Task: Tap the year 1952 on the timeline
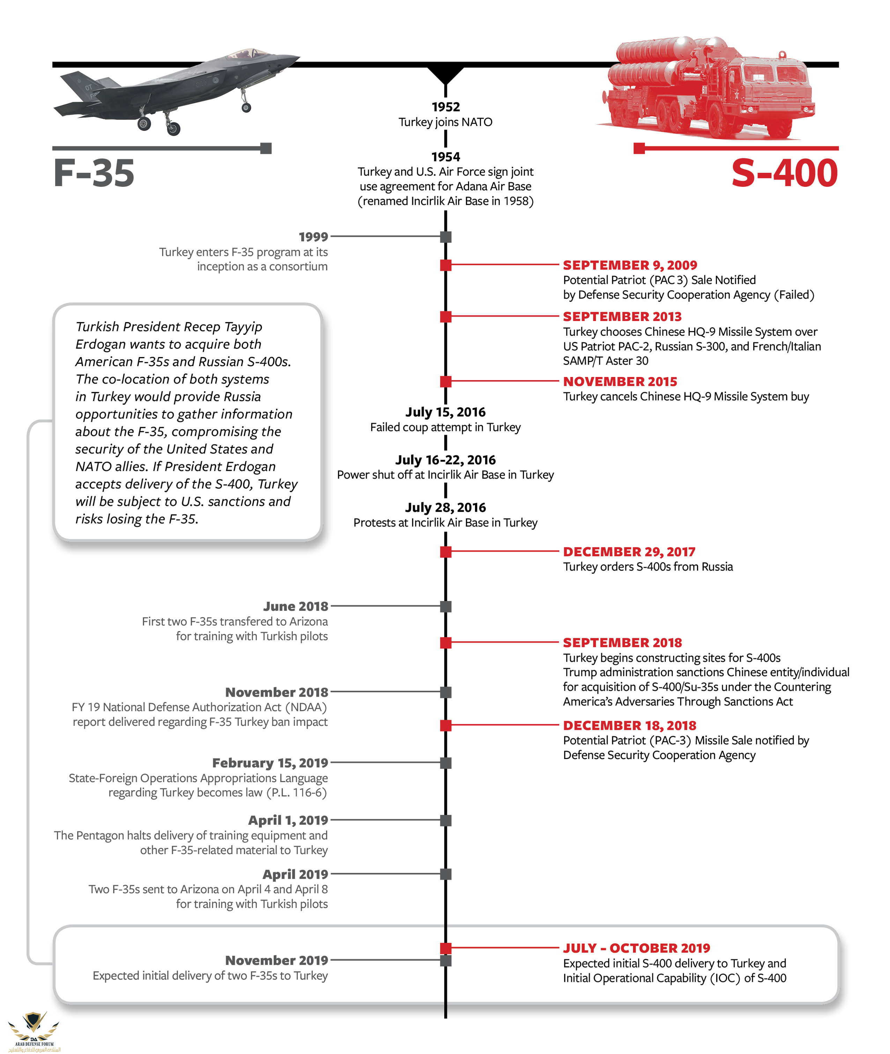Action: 445,107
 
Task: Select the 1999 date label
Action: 313,237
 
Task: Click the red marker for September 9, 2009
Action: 445,265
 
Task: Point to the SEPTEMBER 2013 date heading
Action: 622,316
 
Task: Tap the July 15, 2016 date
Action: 445,412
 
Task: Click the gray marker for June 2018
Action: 445,606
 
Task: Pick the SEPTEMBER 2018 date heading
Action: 622,642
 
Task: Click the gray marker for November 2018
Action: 445,692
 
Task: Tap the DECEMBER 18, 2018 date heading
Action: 629,725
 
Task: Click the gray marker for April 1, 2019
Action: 445,820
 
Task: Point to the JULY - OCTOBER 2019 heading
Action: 636,948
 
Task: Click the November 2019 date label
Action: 276,960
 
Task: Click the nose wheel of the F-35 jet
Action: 246,107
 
